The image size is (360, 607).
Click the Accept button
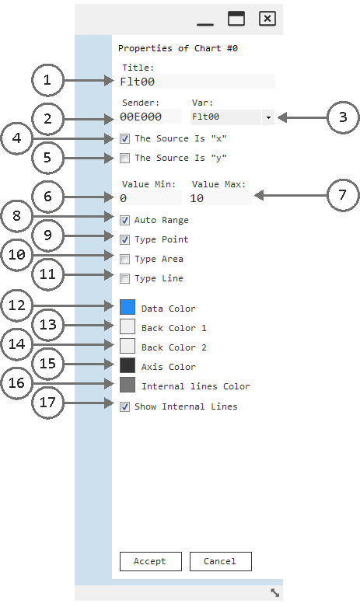click(x=151, y=561)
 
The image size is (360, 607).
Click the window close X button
click(x=267, y=18)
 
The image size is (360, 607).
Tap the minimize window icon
click(x=205, y=24)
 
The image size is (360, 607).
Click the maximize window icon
click(x=236, y=18)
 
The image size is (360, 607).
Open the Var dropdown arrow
click(x=268, y=117)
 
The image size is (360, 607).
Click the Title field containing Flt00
click(x=197, y=82)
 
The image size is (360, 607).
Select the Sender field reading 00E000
click(x=151, y=117)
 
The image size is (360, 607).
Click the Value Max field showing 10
click(x=221, y=198)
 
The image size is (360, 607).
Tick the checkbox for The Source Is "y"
click(x=124, y=158)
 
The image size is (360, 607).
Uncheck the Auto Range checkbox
click(x=124, y=220)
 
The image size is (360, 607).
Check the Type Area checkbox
click(x=124, y=259)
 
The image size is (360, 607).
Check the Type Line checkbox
click(x=124, y=278)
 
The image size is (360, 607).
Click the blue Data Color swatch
click(x=128, y=307)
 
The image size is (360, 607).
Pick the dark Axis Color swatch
click(x=128, y=365)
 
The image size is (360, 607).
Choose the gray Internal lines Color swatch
click(x=128, y=385)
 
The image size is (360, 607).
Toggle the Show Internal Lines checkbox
click(x=124, y=406)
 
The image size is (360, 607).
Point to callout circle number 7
click(x=343, y=195)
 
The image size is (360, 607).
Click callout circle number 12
click(x=16, y=305)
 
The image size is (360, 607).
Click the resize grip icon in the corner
click(x=274, y=592)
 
